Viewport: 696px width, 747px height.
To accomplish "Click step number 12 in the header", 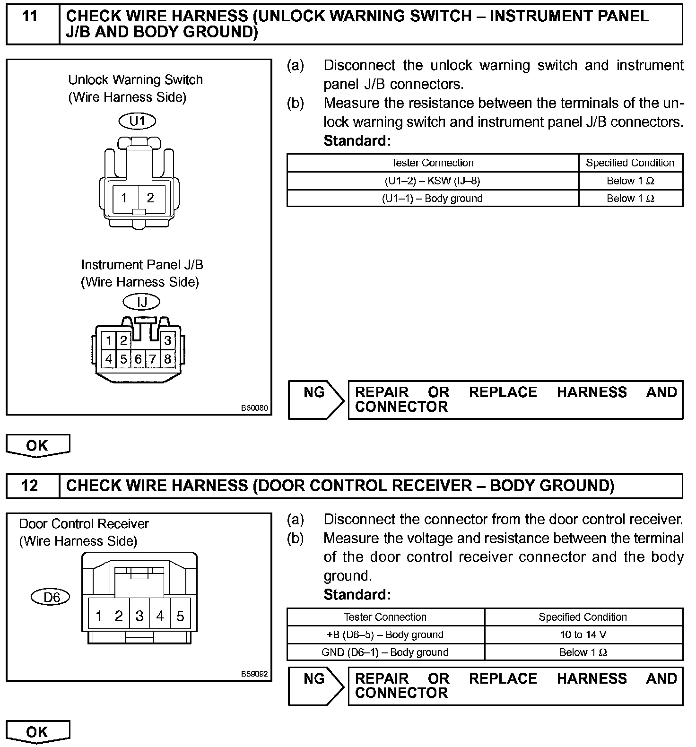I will [30, 486].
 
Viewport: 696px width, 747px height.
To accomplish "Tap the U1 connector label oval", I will [137, 121].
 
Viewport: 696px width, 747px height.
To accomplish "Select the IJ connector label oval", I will [141, 302].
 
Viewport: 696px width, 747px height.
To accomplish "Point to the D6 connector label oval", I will [50, 597].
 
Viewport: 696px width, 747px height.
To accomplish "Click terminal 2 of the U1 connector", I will [150, 198].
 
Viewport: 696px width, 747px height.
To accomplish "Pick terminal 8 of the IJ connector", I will [167, 359].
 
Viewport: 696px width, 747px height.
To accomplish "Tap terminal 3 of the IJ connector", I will [167, 340].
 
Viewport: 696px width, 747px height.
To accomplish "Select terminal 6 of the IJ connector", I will [138, 359].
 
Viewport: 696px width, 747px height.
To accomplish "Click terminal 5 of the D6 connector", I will [180, 616].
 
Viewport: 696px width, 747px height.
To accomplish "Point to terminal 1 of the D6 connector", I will [99, 616].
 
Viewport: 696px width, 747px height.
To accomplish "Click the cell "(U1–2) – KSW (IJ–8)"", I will [432, 181].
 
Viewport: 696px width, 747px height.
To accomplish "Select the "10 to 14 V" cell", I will [583, 634].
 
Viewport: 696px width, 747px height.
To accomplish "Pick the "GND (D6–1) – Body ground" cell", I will [385, 652].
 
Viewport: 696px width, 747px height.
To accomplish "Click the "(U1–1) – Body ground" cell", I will [432, 199].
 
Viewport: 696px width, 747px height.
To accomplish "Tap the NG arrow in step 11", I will [316, 400].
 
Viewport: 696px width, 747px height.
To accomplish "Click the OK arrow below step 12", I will [37, 732].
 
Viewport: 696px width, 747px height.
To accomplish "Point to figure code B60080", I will [254, 408].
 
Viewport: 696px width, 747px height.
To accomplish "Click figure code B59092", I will [254, 674].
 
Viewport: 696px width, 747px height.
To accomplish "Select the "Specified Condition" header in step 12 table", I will [583, 617].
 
